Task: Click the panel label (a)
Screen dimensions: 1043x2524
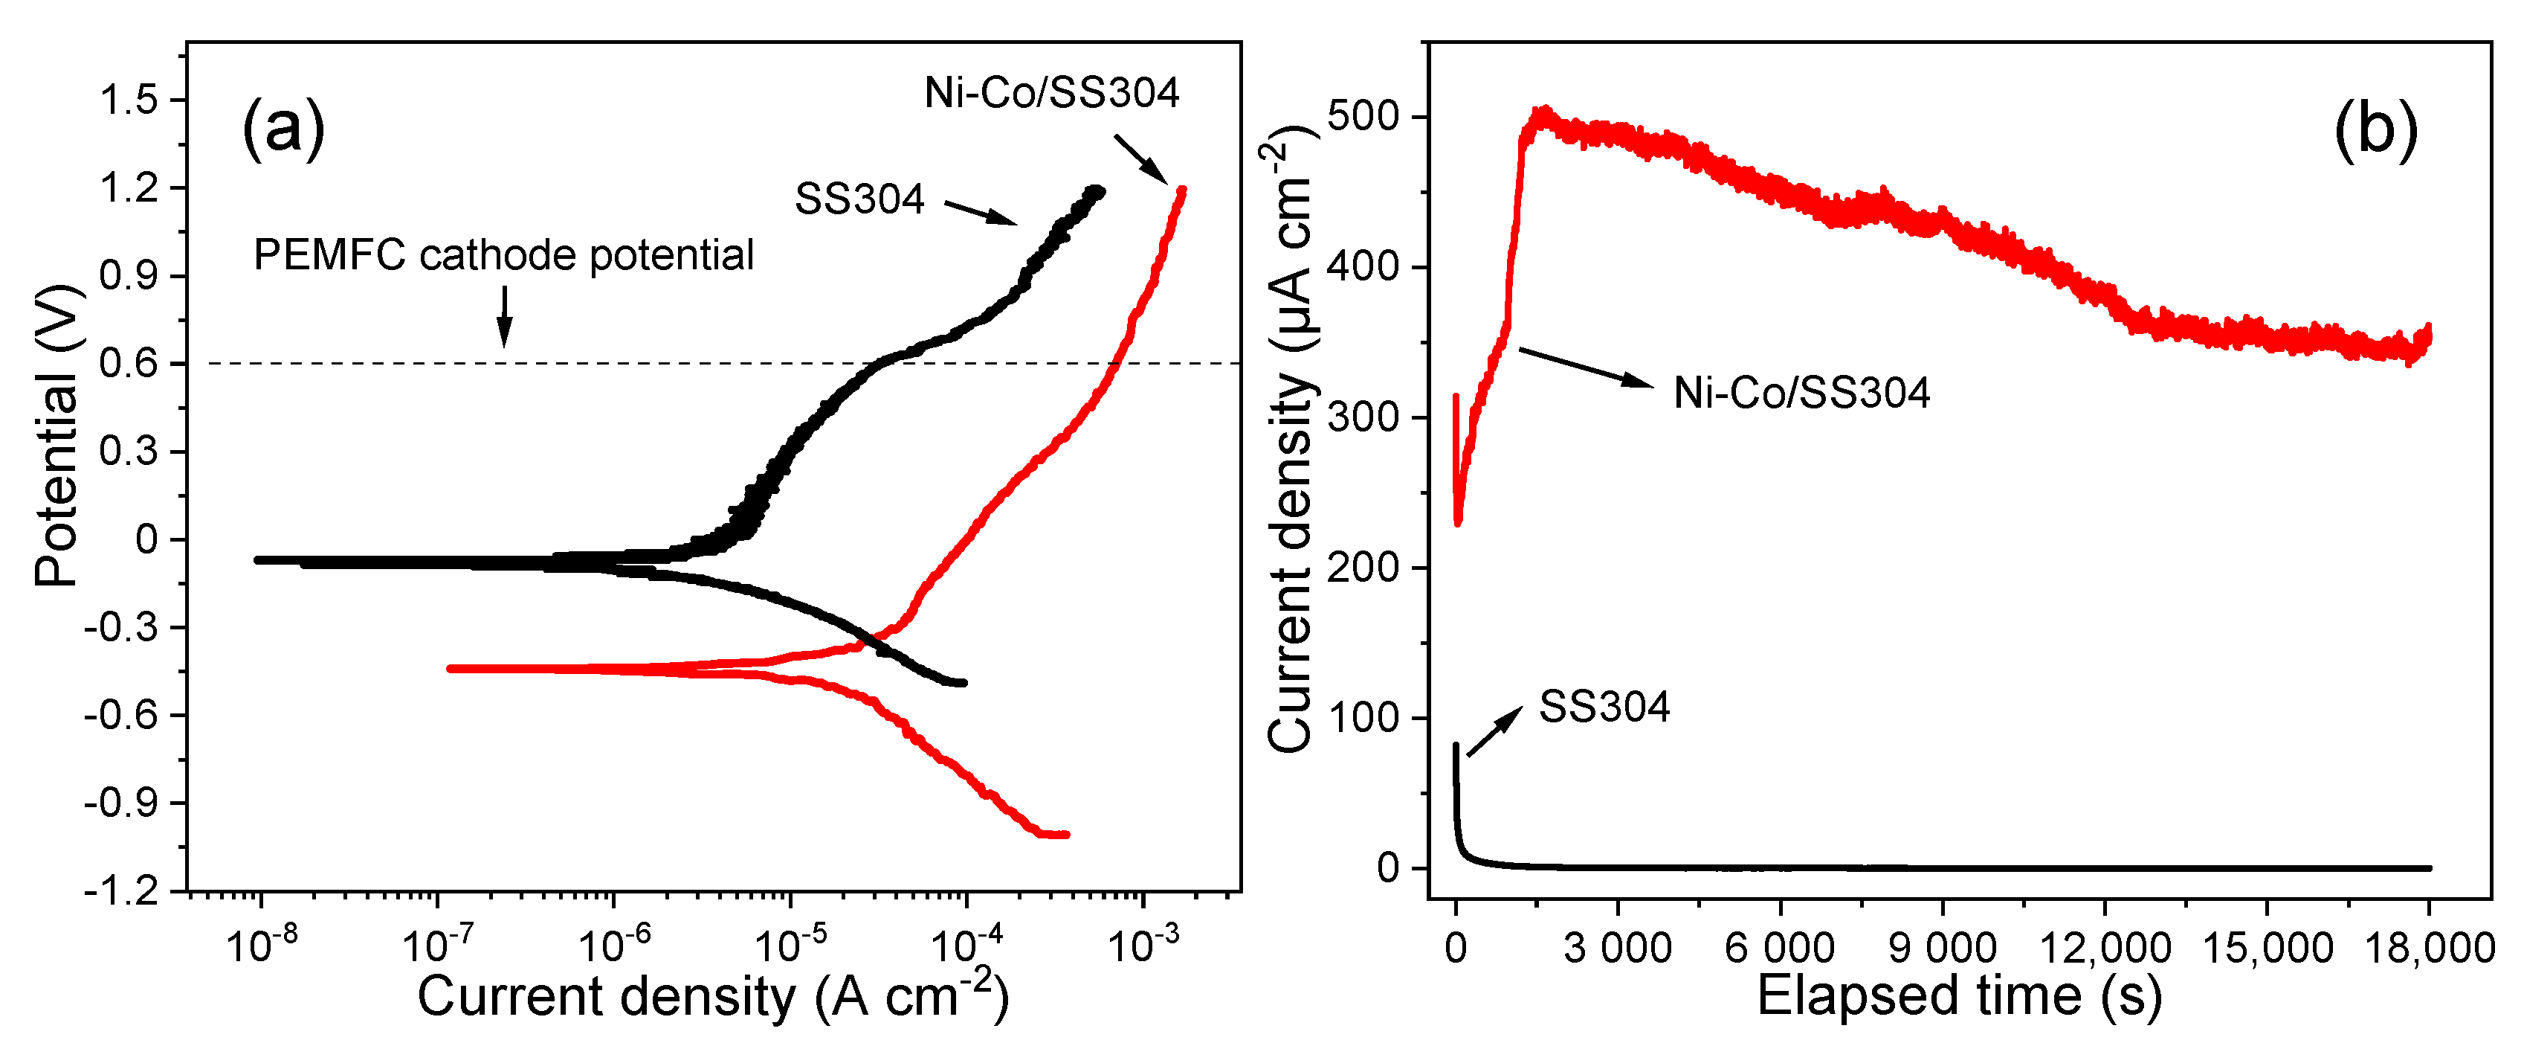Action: pyautogui.click(x=283, y=127)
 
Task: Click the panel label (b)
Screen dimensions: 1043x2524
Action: pyautogui.click(x=2375, y=129)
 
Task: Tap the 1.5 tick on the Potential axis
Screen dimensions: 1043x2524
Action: pyautogui.click(x=129, y=100)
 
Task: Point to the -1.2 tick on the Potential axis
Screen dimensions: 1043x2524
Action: pyautogui.click(x=121, y=891)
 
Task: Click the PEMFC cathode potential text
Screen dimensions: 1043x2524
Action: pyautogui.click(x=503, y=255)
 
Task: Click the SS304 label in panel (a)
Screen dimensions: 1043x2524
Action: pyautogui.click(x=859, y=199)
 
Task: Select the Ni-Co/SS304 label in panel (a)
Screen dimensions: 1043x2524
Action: pyautogui.click(x=1051, y=93)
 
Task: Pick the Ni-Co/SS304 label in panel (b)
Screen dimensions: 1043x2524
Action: pyautogui.click(x=1801, y=393)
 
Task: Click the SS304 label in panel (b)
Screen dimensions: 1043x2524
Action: pyautogui.click(x=1604, y=707)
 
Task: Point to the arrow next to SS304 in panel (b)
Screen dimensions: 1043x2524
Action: pyautogui.click(x=1495, y=731)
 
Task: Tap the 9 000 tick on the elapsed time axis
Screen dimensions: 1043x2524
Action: pyautogui.click(x=1942, y=948)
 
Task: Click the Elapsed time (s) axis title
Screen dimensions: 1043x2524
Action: pyautogui.click(x=1959, y=996)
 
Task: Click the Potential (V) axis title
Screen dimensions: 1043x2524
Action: pyautogui.click(x=56, y=436)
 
